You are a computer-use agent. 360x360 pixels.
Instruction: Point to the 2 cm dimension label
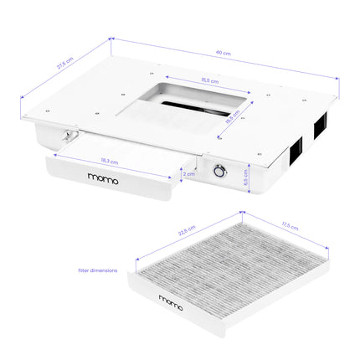190,174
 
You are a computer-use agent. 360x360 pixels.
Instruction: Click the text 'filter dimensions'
97,270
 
